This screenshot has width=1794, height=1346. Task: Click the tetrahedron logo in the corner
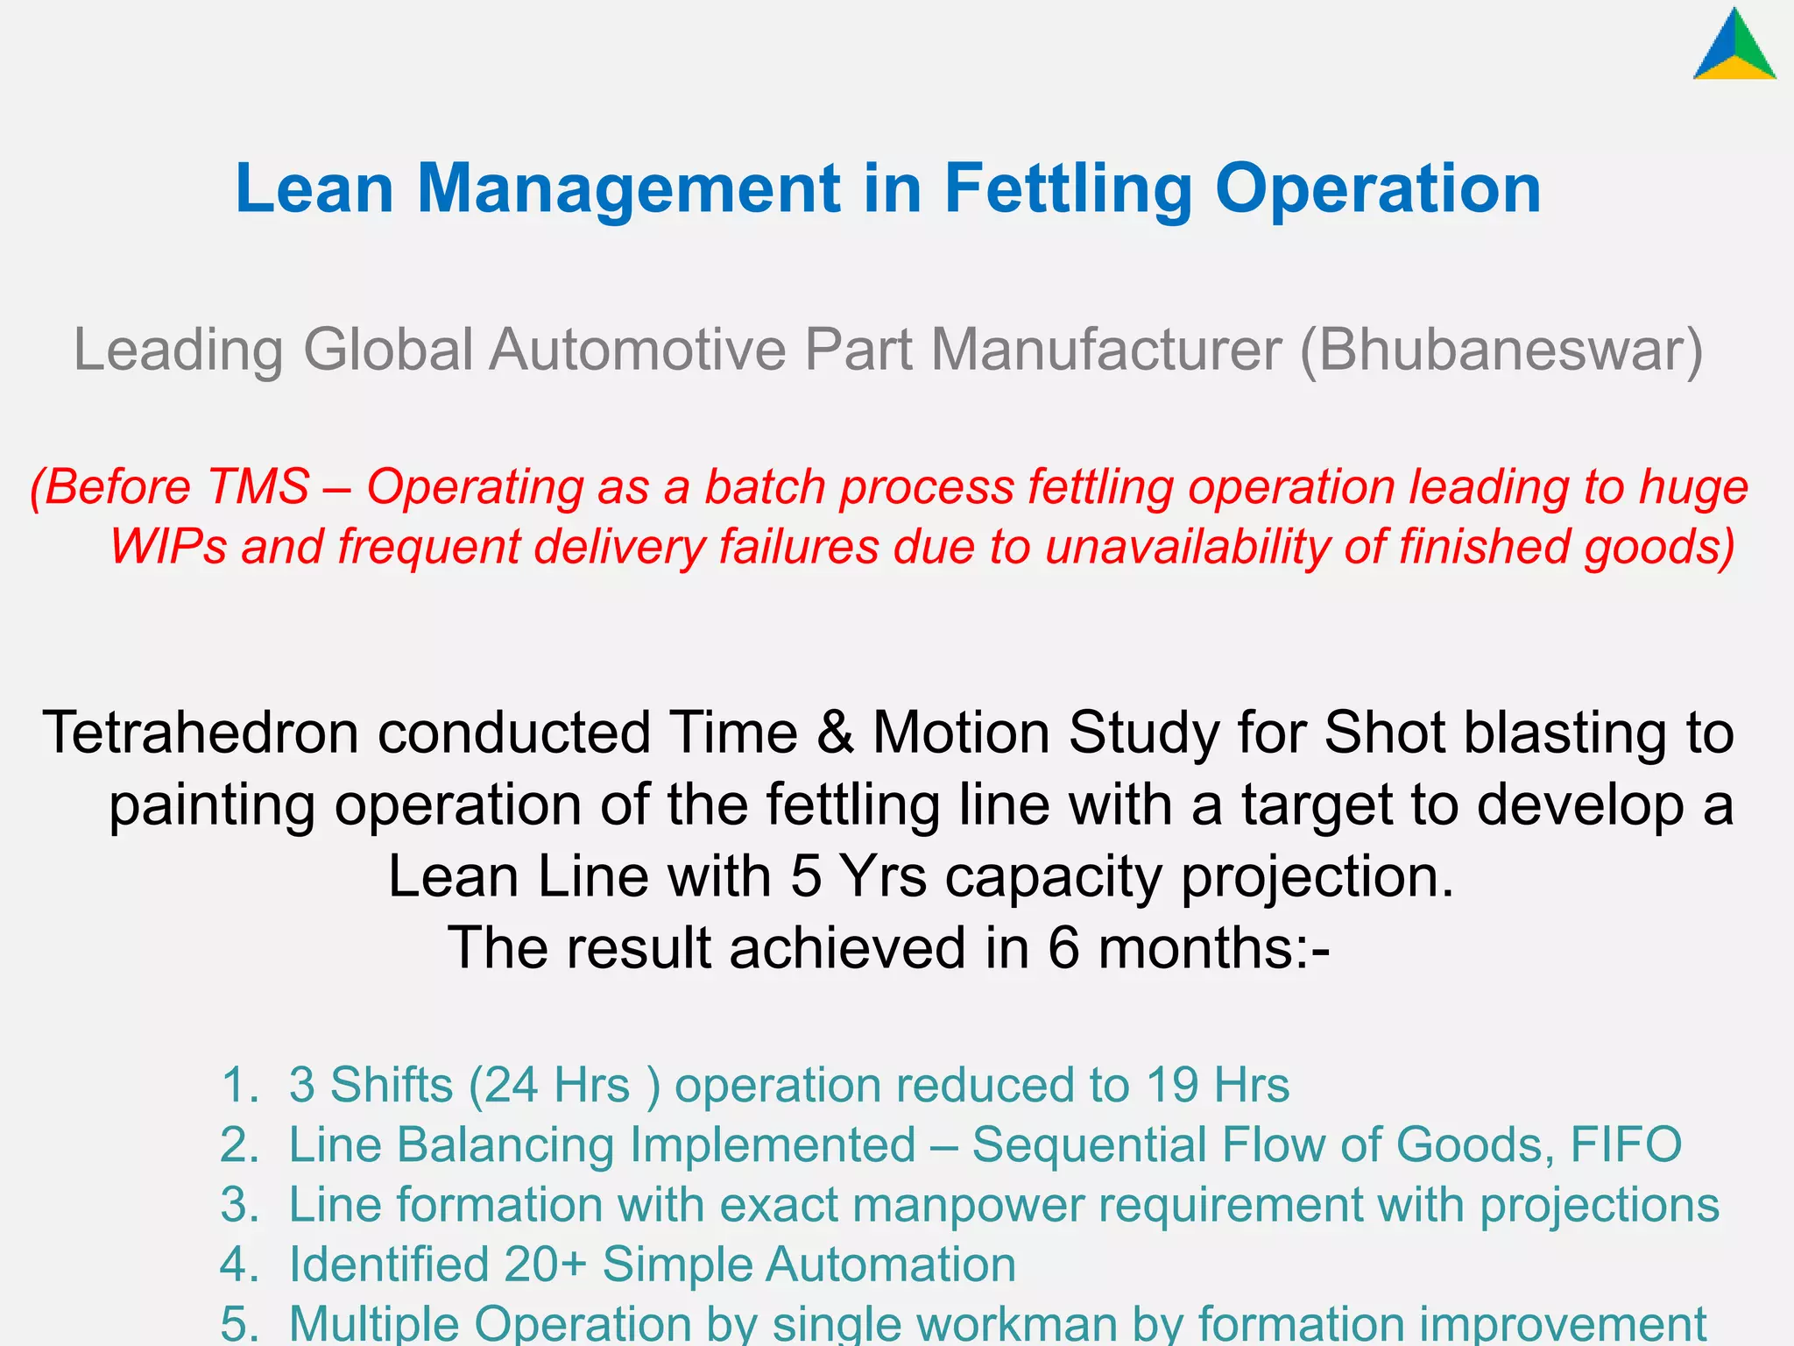(1734, 46)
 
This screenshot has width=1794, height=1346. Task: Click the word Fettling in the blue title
(1068, 188)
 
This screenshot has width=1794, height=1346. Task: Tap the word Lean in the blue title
(314, 188)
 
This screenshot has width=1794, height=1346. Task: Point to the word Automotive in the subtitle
(637, 350)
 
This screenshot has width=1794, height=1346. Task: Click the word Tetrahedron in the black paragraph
(201, 733)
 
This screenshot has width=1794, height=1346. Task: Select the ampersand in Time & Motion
(836, 733)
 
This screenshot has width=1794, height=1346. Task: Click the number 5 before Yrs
(806, 876)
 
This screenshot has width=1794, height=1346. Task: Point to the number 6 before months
(1063, 948)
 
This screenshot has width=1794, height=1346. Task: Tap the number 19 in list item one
(1172, 1085)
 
